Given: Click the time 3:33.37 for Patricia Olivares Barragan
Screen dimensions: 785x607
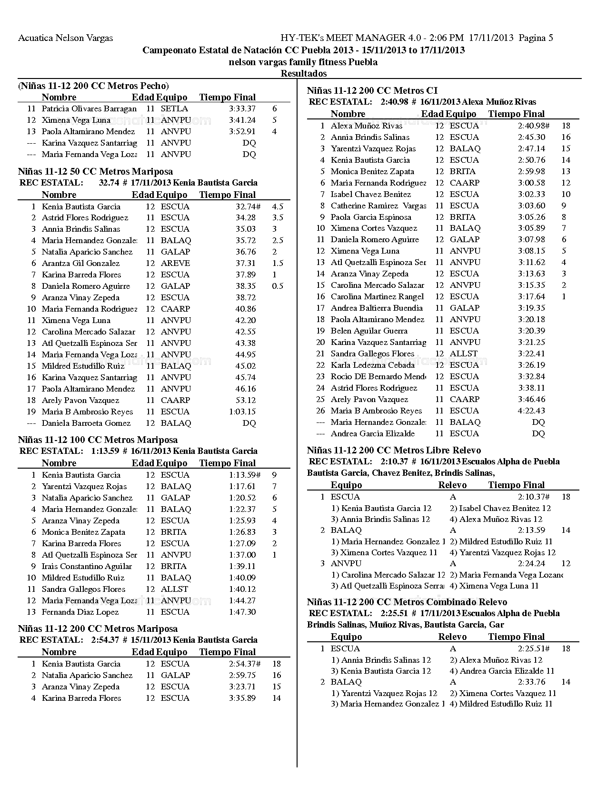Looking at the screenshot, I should coord(242,108).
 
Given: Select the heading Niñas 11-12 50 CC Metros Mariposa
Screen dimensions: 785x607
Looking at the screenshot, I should coord(95,171).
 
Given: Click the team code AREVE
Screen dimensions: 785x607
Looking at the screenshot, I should coord(175,263).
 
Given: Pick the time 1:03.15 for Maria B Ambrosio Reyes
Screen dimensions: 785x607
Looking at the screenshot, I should coord(242,412).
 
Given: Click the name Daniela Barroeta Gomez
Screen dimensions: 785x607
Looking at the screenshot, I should coord(86,423).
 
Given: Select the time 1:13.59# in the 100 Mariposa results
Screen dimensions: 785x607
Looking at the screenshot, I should coord(244,475).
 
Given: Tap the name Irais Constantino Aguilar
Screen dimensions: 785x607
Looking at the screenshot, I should coord(87,566).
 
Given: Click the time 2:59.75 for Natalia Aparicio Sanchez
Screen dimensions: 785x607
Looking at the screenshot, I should coord(242,675).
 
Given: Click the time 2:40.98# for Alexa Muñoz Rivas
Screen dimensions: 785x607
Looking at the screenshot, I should coord(533,126).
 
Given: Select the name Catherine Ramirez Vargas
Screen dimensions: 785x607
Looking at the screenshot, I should coord(378,206).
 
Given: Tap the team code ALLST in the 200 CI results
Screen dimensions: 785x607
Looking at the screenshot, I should coord(463,353).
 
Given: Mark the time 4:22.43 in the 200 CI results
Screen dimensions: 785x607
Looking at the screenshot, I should coord(531,411).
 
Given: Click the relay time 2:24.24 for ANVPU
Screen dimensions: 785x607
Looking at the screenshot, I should coord(531,563).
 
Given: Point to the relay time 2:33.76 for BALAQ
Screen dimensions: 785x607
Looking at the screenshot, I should coord(531,682).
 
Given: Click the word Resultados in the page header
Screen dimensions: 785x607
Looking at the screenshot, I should coord(304,73).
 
